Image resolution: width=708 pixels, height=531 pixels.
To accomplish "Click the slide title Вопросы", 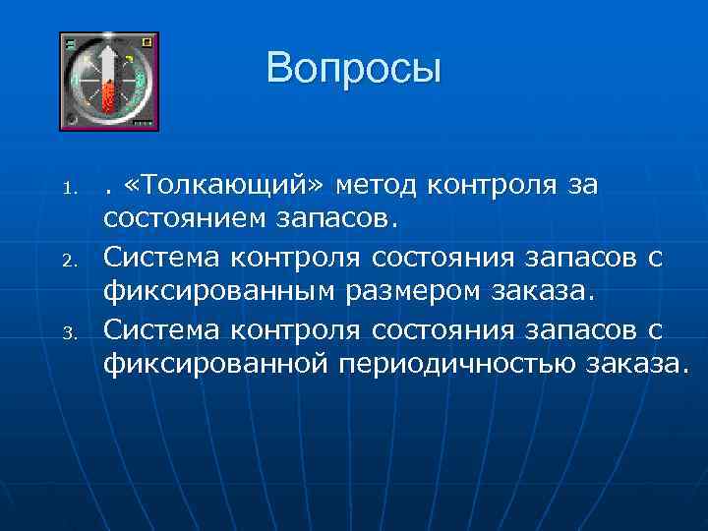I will click(x=353, y=69).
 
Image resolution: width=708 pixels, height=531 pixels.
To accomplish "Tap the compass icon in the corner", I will click(x=109, y=82).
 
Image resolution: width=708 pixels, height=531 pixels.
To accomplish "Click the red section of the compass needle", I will click(x=109, y=96).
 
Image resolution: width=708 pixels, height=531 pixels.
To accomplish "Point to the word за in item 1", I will click(x=581, y=184).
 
